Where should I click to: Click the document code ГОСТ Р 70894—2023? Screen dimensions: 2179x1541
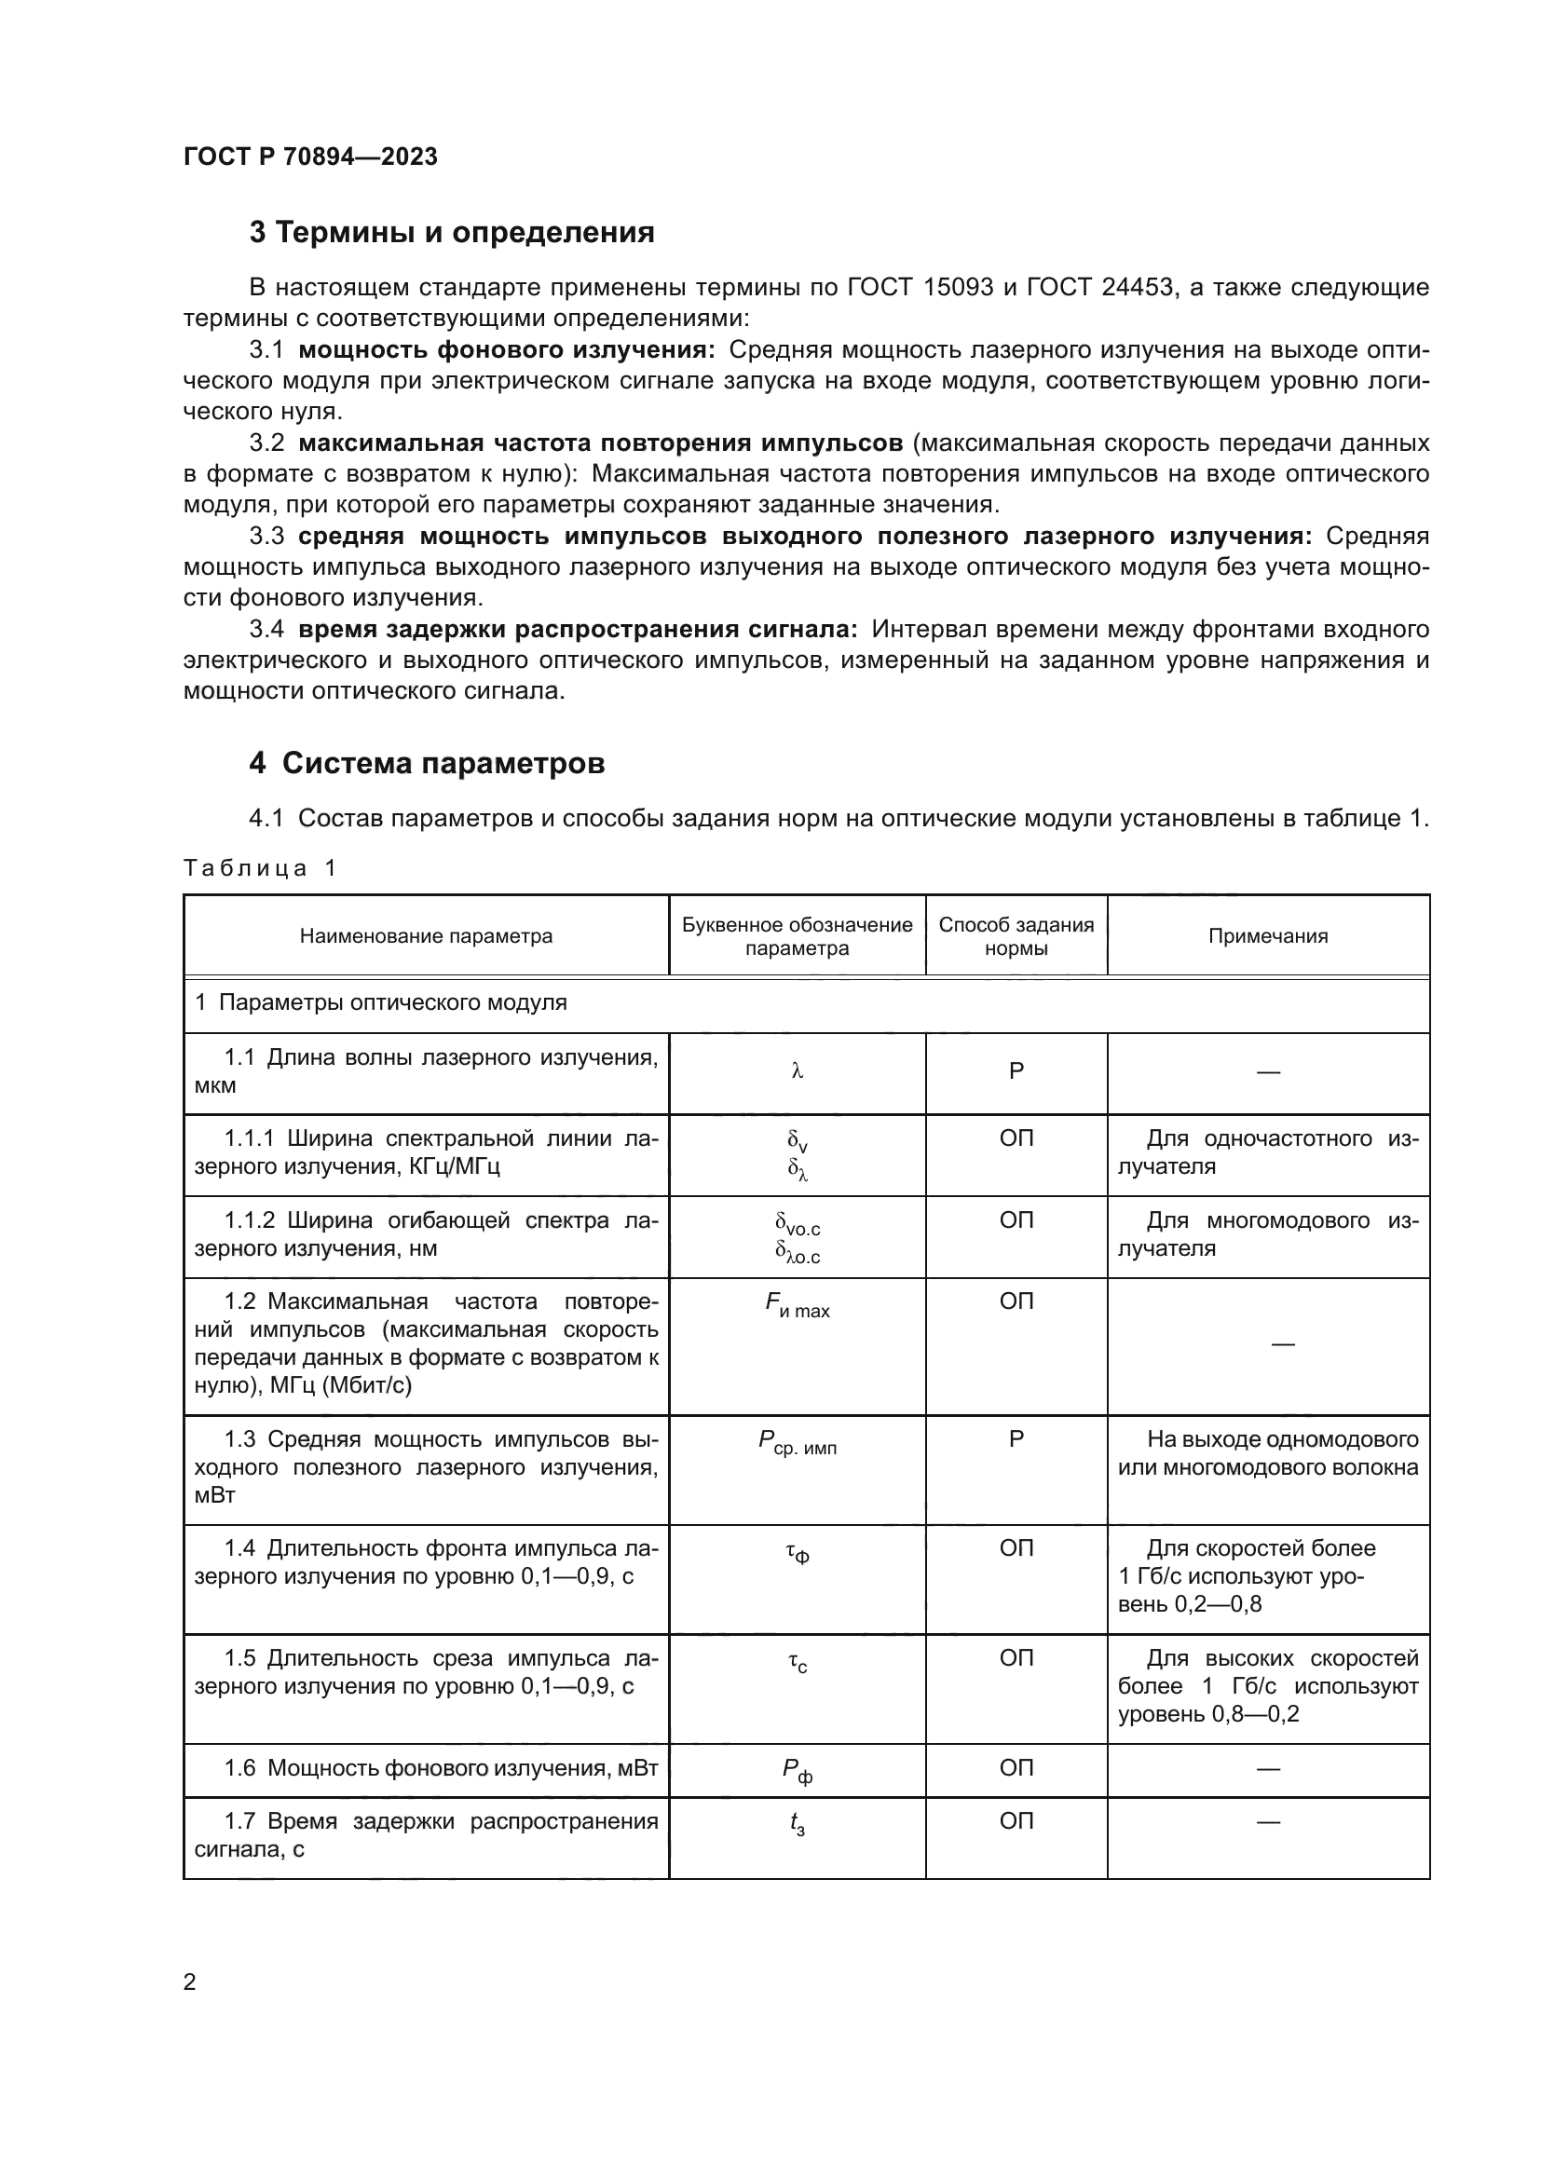[x=310, y=157]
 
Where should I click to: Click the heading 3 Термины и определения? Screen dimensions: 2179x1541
[x=452, y=233]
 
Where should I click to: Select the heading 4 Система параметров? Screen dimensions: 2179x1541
[x=427, y=763]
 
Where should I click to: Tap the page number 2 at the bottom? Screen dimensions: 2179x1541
[x=190, y=1982]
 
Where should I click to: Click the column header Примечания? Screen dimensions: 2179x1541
[x=1268, y=935]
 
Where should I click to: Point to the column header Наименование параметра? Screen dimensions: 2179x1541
[x=426, y=935]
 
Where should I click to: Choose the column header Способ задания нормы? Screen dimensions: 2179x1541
[x=1016, y=935]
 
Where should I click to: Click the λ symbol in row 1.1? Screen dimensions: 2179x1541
[x=798, y=1071]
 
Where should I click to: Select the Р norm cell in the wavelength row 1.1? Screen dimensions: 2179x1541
[x=1016, y=1071]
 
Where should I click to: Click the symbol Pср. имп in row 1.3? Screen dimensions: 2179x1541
[x=798, y=1443]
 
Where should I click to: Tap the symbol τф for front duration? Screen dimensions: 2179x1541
[x=798, y=1552]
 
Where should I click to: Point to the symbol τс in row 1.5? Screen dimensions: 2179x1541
[x=798, y=1663]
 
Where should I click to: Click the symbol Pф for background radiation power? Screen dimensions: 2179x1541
[x=798, y=1772]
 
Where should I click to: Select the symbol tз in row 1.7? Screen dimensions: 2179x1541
[x=798, y=1825]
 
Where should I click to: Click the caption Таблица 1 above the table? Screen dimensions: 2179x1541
[x=260, y=868]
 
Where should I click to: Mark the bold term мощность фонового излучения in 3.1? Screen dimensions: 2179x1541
[x=507, y=350]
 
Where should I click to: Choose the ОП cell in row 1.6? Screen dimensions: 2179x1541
[x=1016, y=1767]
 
